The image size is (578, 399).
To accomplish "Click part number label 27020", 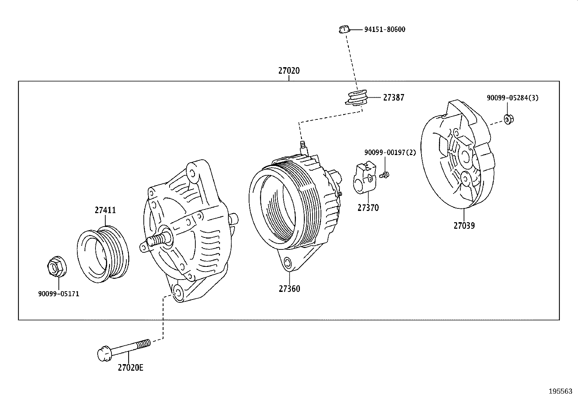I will pos(289,71).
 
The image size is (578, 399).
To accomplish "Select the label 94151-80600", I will pos(384,29).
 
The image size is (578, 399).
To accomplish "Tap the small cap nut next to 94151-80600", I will pos(344,29).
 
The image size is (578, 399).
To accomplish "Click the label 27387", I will pos(393,98).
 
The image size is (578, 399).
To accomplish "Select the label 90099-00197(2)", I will pos(390,152).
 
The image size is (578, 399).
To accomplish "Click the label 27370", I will pos(368,208).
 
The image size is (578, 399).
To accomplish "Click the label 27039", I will pos(464,226).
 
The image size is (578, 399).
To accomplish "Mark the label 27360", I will pos(289,289).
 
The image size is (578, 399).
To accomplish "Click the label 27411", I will pos(105,210).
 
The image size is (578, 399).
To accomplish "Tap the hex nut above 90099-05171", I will pos(57,268).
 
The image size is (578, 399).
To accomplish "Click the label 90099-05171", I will pos(58,294).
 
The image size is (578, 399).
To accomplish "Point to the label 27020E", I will pos(130,368).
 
